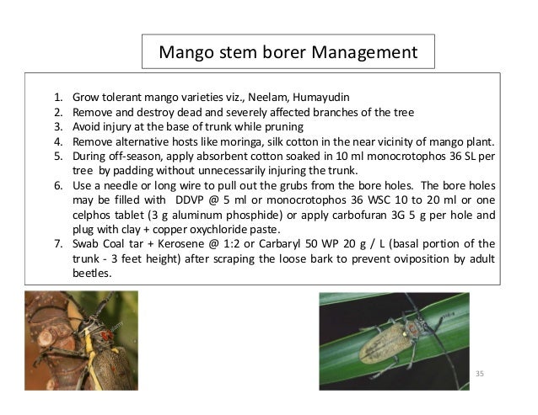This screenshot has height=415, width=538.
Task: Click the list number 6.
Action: click(57, 184)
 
